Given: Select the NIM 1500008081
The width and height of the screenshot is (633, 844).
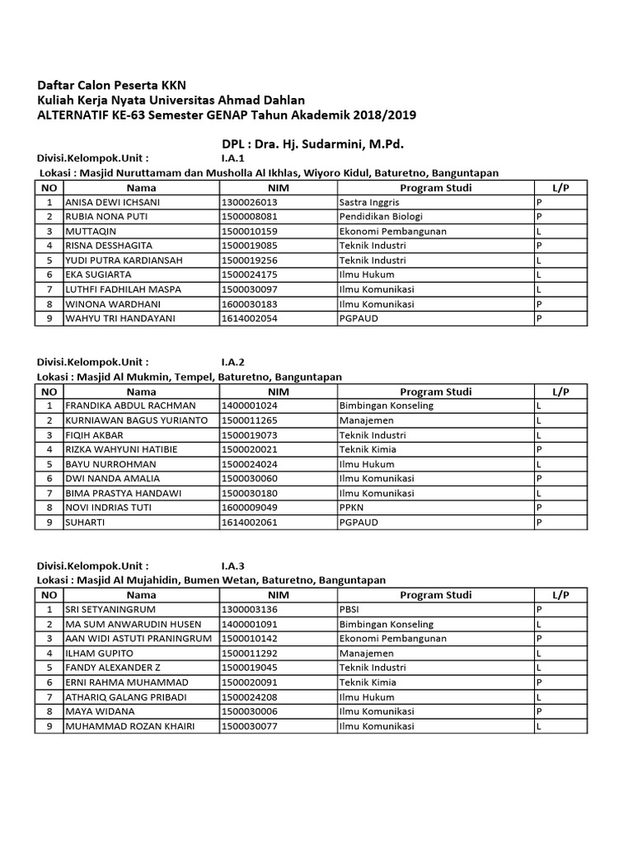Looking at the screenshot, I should (250, 217).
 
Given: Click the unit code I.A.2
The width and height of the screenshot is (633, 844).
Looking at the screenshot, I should (232, 362).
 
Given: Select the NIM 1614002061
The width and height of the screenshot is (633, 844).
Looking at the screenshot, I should (250, 522).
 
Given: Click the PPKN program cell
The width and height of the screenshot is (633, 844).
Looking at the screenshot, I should (352, 508).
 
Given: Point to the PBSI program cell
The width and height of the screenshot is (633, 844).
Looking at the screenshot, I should (349, 609).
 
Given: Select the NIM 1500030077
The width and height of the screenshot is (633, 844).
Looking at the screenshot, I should (250, 726).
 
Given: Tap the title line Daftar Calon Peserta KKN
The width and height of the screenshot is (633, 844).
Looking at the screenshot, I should (111, 85).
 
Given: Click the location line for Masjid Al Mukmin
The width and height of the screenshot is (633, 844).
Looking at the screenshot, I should (189, 376).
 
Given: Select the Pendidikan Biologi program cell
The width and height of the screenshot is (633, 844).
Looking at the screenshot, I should (379, 217).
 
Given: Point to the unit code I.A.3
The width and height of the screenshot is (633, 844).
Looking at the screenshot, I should (232, 565).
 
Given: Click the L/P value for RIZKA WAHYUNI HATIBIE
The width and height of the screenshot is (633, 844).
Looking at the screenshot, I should (538, 449).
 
